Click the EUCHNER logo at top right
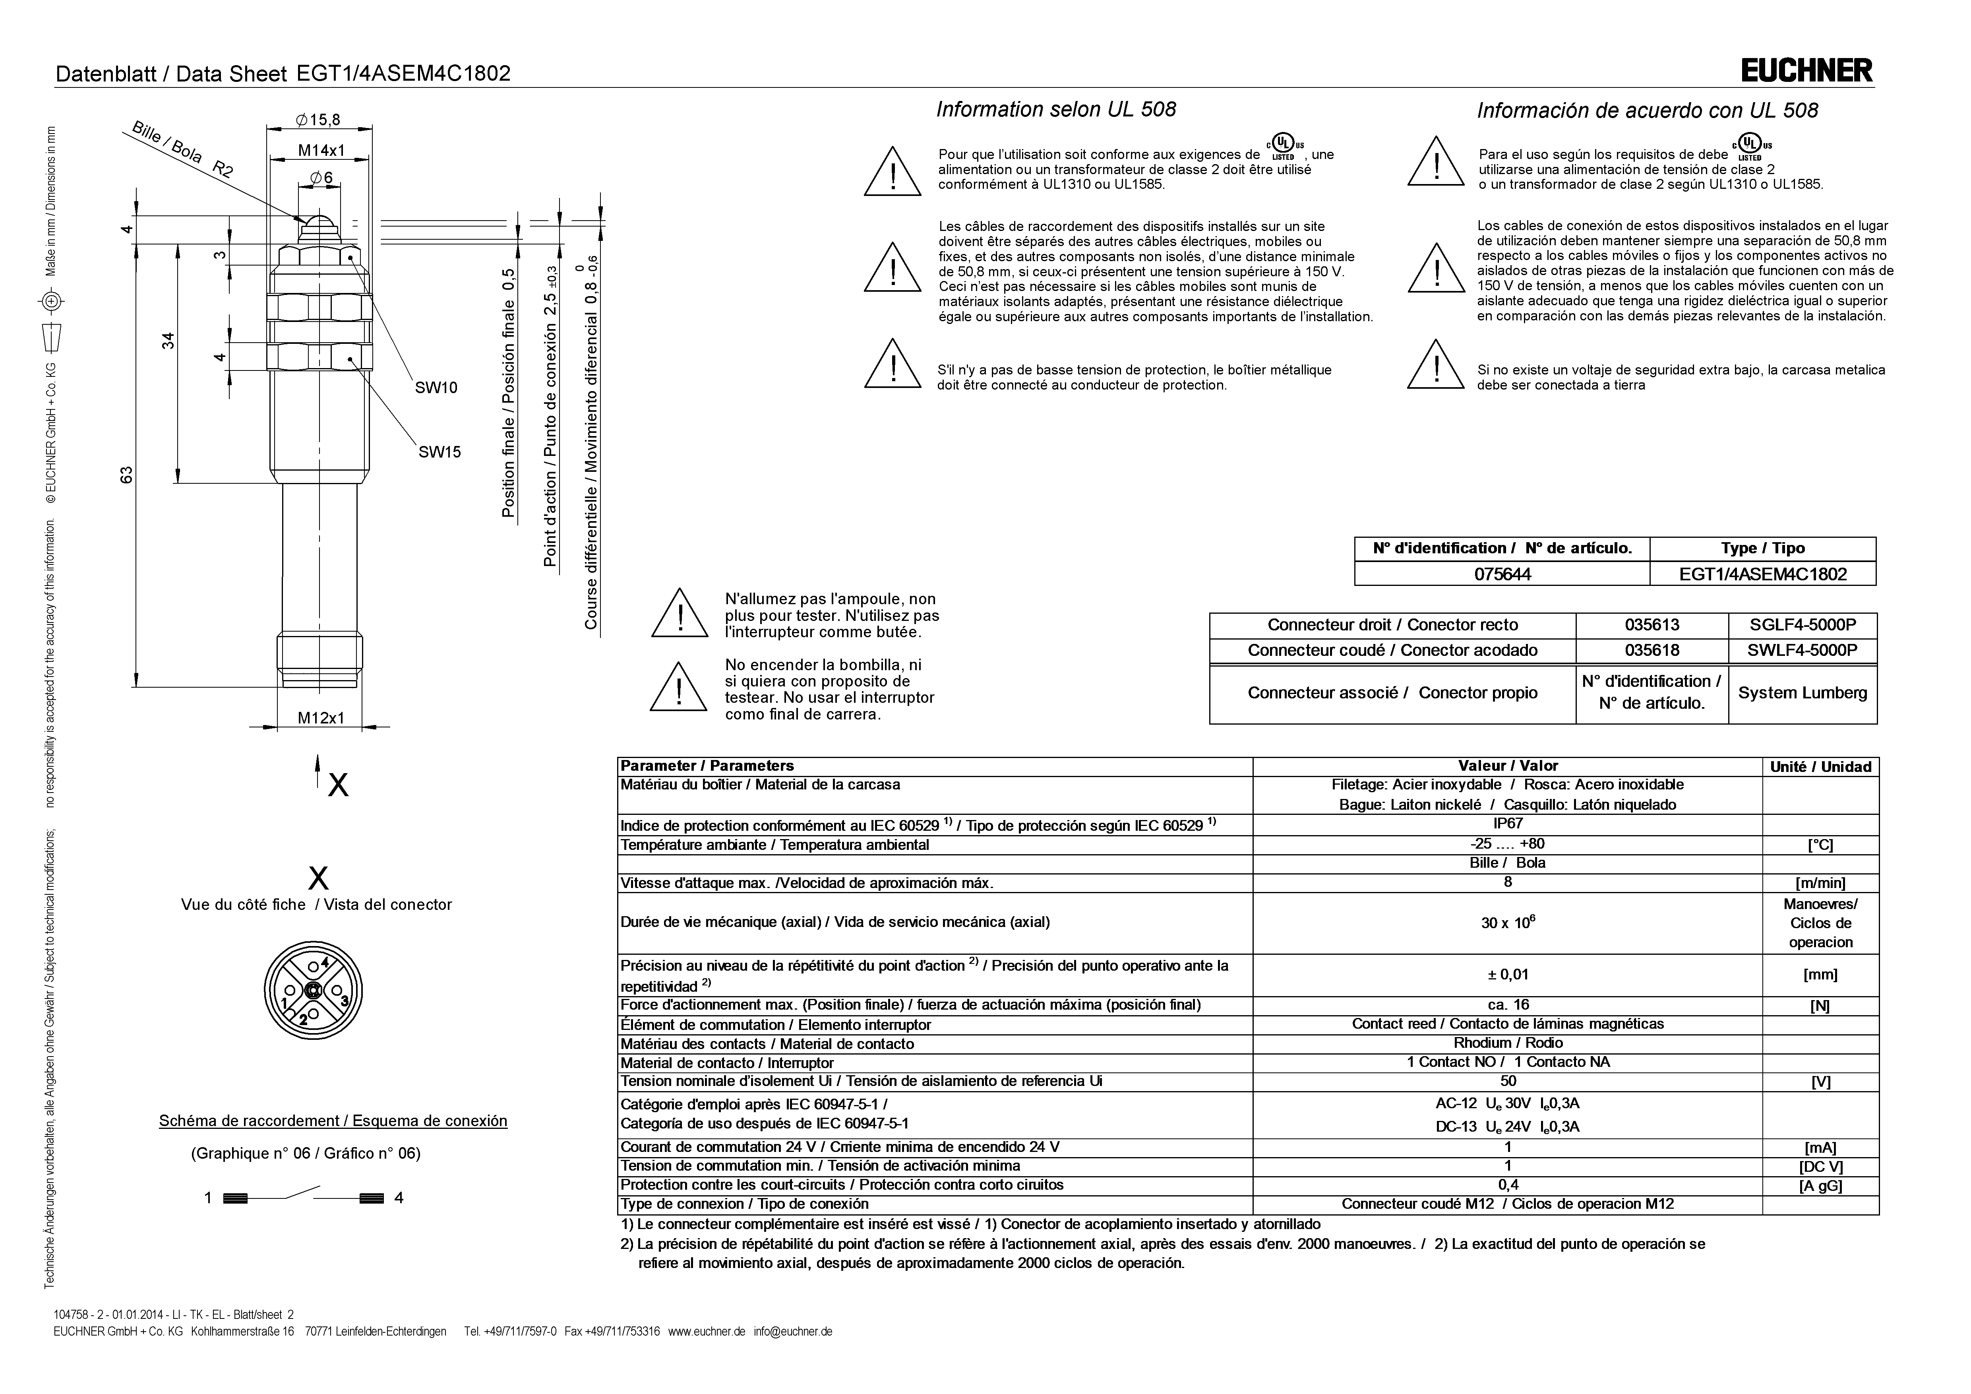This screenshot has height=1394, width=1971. click(1806, 70)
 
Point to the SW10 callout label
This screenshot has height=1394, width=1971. click(436, 388)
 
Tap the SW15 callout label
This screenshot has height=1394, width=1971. click(440, 452)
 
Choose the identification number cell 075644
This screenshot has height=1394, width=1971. click(1501, 574)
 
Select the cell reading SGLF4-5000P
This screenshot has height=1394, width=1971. click(1802, 625)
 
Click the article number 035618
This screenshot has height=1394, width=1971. click(1652, 650)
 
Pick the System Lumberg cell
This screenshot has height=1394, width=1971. click(1802, 693)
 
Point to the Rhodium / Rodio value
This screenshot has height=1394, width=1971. click(1507, 1043)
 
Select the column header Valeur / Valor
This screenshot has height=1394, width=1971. click(1507, 766)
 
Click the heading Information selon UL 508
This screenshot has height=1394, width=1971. click(1055, 110)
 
